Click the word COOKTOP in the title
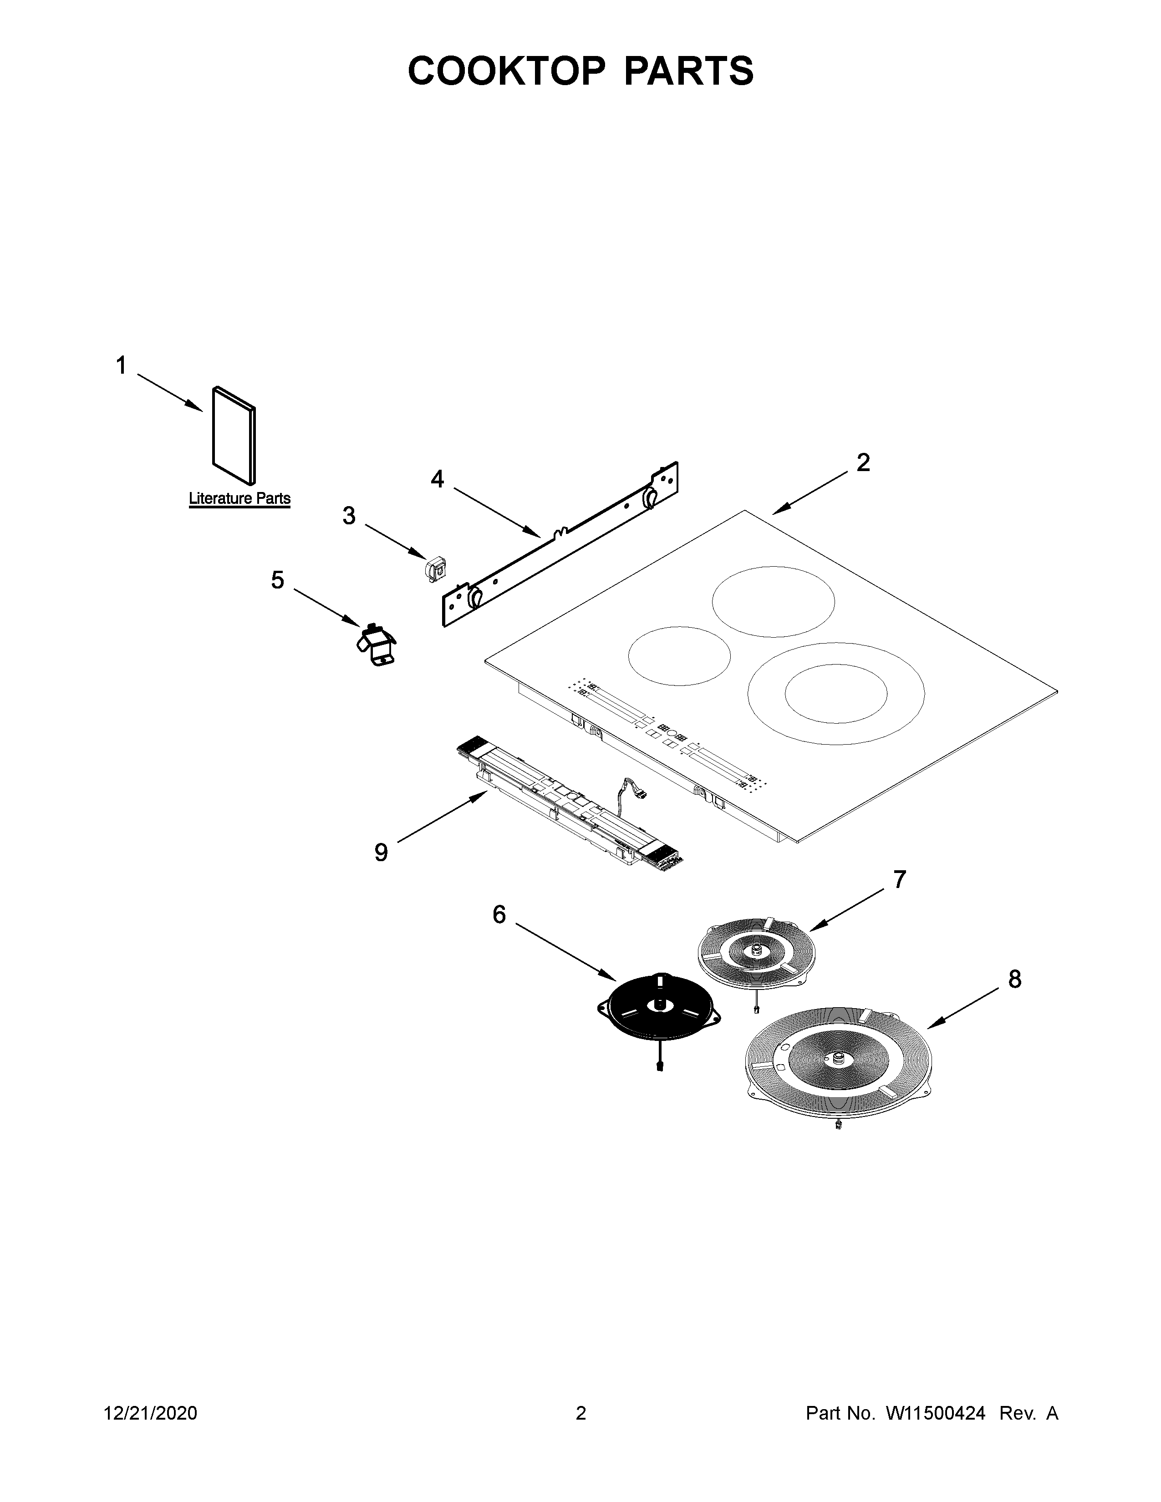pyautogui.click(x=507, y=71)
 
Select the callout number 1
pyautogui.click(x=121, y=365)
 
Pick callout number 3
pyautogui.click(x=349, y=515)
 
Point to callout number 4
pyautogui.click(x=438, y=479)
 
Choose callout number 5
pyautogui.click(x=277, y=580)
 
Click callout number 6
pyautogui.click(x=499, y=915)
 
